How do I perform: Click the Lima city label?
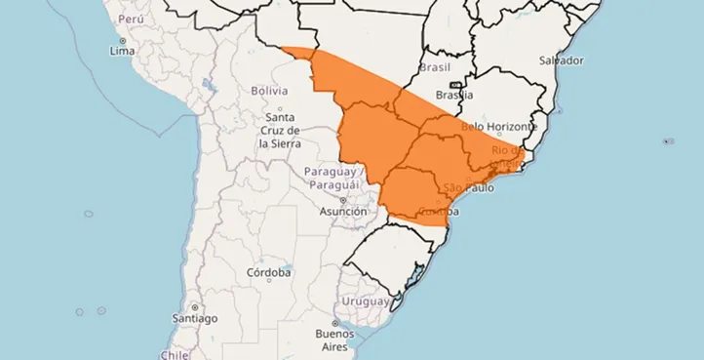(x=122, y=50)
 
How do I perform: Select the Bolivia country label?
(x=269, y=90)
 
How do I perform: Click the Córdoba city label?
(x=268, y=272)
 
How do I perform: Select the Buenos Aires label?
(x=334, y=340)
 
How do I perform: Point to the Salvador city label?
(x=564, y=60)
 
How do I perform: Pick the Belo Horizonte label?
(x=499, y=127)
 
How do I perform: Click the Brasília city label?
(x=454, y=96)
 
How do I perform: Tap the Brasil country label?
(x=435, y=67)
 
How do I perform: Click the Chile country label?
(x=174, y=355)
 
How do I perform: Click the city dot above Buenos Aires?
(x=334, y=323)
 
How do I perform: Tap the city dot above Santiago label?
(x=193, y=307)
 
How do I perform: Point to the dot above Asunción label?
(x=342, y=200)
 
